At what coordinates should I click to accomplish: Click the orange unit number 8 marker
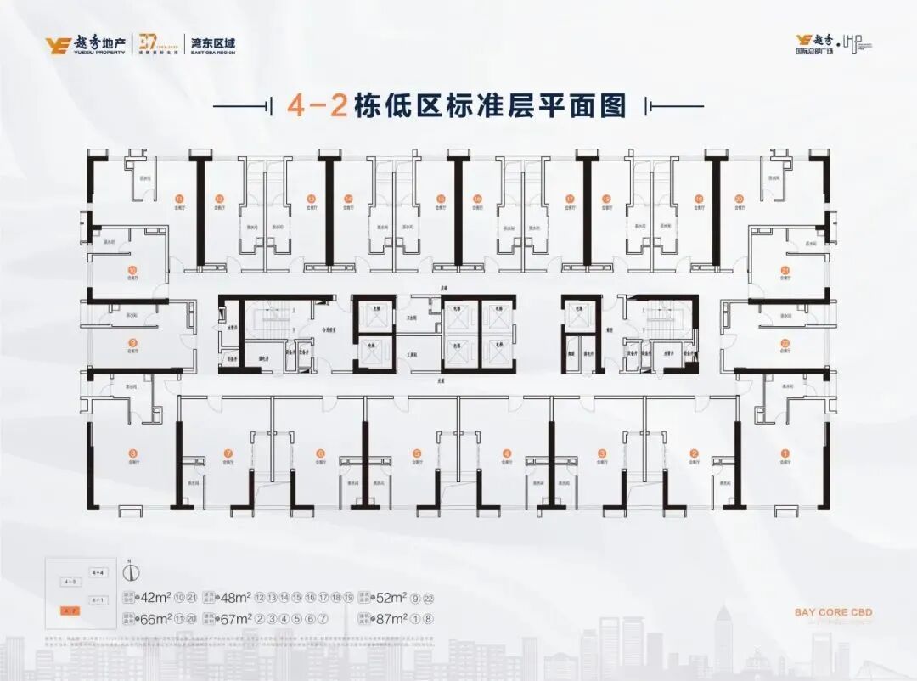point(132,453)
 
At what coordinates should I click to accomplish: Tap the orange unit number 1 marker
point(785,453)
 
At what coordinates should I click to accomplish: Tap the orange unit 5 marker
point(417,453)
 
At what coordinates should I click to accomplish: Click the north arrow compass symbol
point(130,571)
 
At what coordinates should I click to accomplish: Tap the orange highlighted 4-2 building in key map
point(70,611)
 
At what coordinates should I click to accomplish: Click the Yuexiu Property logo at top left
point(86,44)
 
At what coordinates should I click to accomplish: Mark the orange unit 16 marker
point(478,200)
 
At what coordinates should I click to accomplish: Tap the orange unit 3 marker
point(601,453)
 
